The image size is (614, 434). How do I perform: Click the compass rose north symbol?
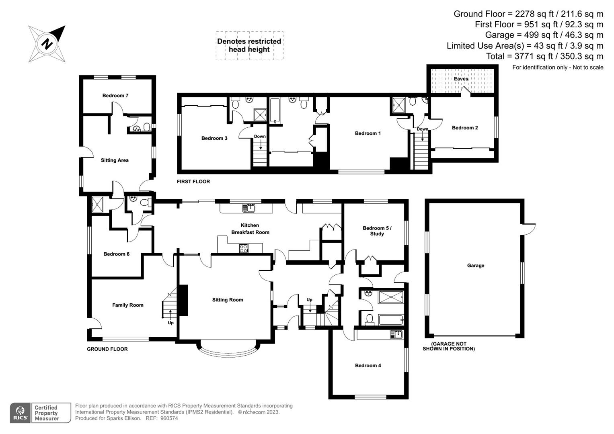[x=47, y=43]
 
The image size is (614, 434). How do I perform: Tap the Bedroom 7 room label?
[x=115, y=96]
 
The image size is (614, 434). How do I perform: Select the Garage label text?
[x=476, y=266]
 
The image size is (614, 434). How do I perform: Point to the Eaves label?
[x=461, y=79]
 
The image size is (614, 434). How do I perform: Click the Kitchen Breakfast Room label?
[x=250, y=229]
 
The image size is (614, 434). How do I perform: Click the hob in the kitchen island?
[x=244, y=248]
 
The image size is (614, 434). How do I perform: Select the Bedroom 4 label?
[x=368, y=366]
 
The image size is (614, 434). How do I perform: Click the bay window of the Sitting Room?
[x=228, y=350]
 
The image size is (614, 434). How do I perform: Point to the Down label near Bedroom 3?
[x=260, y=137]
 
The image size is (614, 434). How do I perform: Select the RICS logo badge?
[x=20, y=413]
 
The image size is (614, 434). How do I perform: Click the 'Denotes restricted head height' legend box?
[x=249, y=46]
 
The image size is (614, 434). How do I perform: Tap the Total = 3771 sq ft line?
[x=544, y=56]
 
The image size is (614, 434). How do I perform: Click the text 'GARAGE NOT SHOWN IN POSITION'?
[x=449, y=346]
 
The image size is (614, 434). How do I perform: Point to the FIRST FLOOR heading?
[x=193, y=182]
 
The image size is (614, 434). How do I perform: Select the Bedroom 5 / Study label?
[x=377, y=231]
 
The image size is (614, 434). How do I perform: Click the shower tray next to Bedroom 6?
[x=98, y=205]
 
